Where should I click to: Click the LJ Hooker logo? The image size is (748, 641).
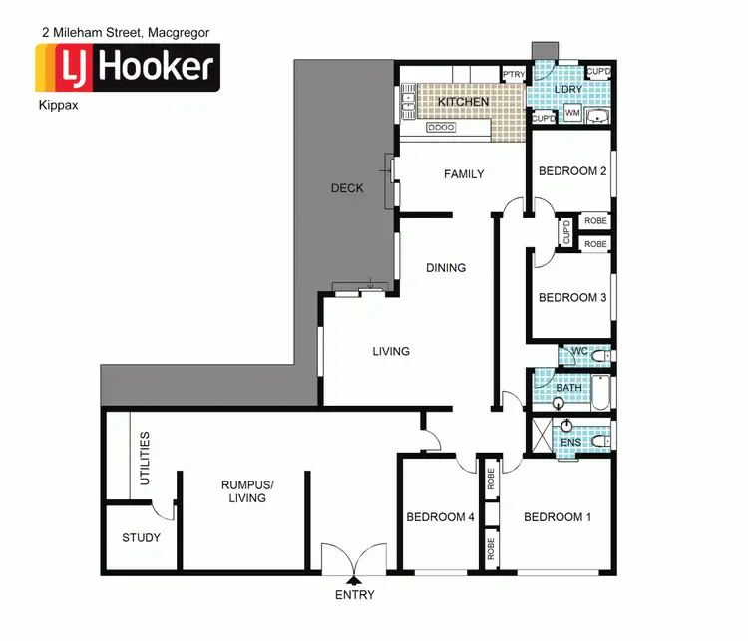click(128, 68)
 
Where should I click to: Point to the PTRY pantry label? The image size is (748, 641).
click(514, 75)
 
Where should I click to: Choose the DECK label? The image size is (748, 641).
click(347, 188)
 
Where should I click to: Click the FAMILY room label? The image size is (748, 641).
click(464, 174)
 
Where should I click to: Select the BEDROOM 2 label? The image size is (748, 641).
click(572, 171)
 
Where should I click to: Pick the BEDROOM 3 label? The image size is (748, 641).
click(572, 297)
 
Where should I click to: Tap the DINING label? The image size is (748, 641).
click(446, 267)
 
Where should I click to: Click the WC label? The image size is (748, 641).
click(578, 354)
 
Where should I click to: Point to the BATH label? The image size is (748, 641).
click(568, 388)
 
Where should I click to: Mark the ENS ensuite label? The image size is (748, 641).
click(570, 442)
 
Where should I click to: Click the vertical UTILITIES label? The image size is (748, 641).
click(146, 460)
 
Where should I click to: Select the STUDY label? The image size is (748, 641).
click(141, 538)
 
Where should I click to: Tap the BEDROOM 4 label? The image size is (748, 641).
click(441, 517)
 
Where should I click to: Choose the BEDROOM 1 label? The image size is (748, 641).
click(558, 517)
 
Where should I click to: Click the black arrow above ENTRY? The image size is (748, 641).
click(354, 578)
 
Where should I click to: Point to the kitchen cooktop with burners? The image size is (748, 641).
click(440, 128)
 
